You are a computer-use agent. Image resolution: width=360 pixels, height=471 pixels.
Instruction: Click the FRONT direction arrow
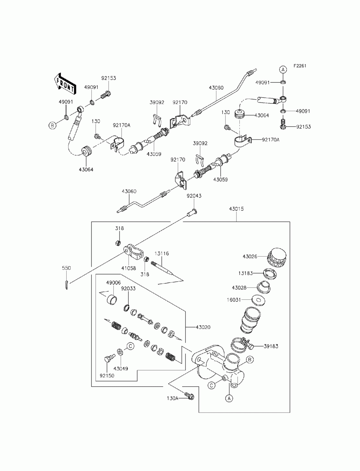coord(65,84)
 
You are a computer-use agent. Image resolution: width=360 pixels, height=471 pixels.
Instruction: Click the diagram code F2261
coord(300,66)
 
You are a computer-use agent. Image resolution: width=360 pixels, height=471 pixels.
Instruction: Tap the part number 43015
coord(237,209)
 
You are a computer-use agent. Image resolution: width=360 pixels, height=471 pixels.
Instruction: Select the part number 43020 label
coord(203,327)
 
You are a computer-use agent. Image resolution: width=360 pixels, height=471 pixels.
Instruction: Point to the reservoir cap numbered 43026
coord(277,258)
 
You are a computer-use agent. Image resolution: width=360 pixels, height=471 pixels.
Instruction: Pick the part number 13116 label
coord(161,253)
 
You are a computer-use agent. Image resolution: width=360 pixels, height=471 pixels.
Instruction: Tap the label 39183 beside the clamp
coord(271,346)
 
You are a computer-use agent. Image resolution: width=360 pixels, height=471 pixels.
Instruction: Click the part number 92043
coord(194,196)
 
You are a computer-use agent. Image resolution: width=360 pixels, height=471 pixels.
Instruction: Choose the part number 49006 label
coord(113,282)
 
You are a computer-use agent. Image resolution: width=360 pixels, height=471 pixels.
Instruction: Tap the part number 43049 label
coord(121,369)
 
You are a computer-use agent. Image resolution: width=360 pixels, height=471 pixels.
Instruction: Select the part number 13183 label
coord(246,273)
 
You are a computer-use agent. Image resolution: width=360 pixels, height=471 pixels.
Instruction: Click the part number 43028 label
coord(239,287)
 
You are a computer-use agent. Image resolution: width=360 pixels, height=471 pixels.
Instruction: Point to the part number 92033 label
coord(128,289)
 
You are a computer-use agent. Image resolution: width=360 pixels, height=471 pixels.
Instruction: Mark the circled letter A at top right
coord(283,69)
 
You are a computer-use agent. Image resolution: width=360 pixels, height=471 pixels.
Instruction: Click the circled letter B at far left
coord(52,125)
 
